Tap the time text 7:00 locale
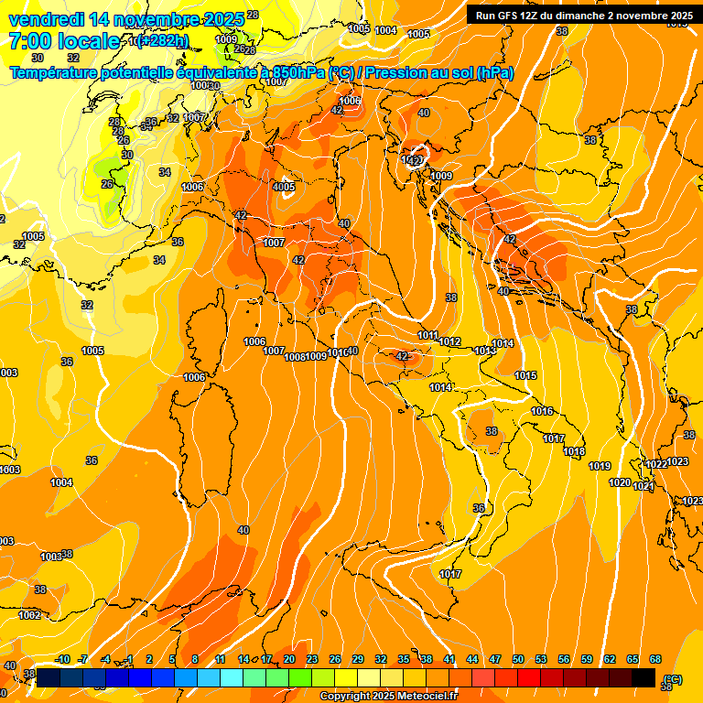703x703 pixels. (x=64, y=41)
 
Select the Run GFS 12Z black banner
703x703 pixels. (x=583, y=16)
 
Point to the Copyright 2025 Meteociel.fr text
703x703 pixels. (x=389, y=697)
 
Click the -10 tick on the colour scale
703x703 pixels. (x=62, y=660)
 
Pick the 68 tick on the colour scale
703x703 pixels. (x=655, y=660)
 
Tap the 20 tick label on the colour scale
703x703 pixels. (x=289, y=660)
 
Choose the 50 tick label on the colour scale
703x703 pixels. (x=518, y=660)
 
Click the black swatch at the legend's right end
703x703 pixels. (x=644, y=677)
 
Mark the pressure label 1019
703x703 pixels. (x=600, y=467)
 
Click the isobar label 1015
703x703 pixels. (x=525, y=376)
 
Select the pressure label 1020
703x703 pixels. (x=620, y=482)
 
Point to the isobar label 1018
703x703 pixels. (x=574, y=452)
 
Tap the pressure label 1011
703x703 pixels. (x=428, y=336)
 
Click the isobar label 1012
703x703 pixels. (x=449, y=341)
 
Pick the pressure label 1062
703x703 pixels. (x=30, y=615)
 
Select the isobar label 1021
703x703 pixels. (x=644, y=486)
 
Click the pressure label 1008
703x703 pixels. (x=295, y=357)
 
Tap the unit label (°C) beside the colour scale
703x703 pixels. (x=673, y=678)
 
